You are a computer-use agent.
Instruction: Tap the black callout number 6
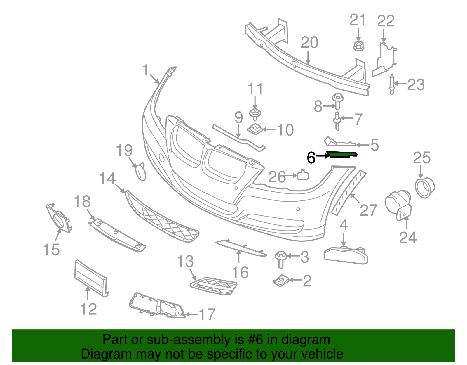[311, 158]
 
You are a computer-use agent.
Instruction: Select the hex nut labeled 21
[358, 46]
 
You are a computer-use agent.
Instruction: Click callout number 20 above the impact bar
[309, 43]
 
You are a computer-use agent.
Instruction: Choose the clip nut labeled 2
[281, 281]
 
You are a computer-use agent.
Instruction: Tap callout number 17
[207, 315]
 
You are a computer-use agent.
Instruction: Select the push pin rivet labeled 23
[392, 84]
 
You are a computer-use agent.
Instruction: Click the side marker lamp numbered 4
[346, 255]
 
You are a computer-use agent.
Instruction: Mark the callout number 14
[107, 179]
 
